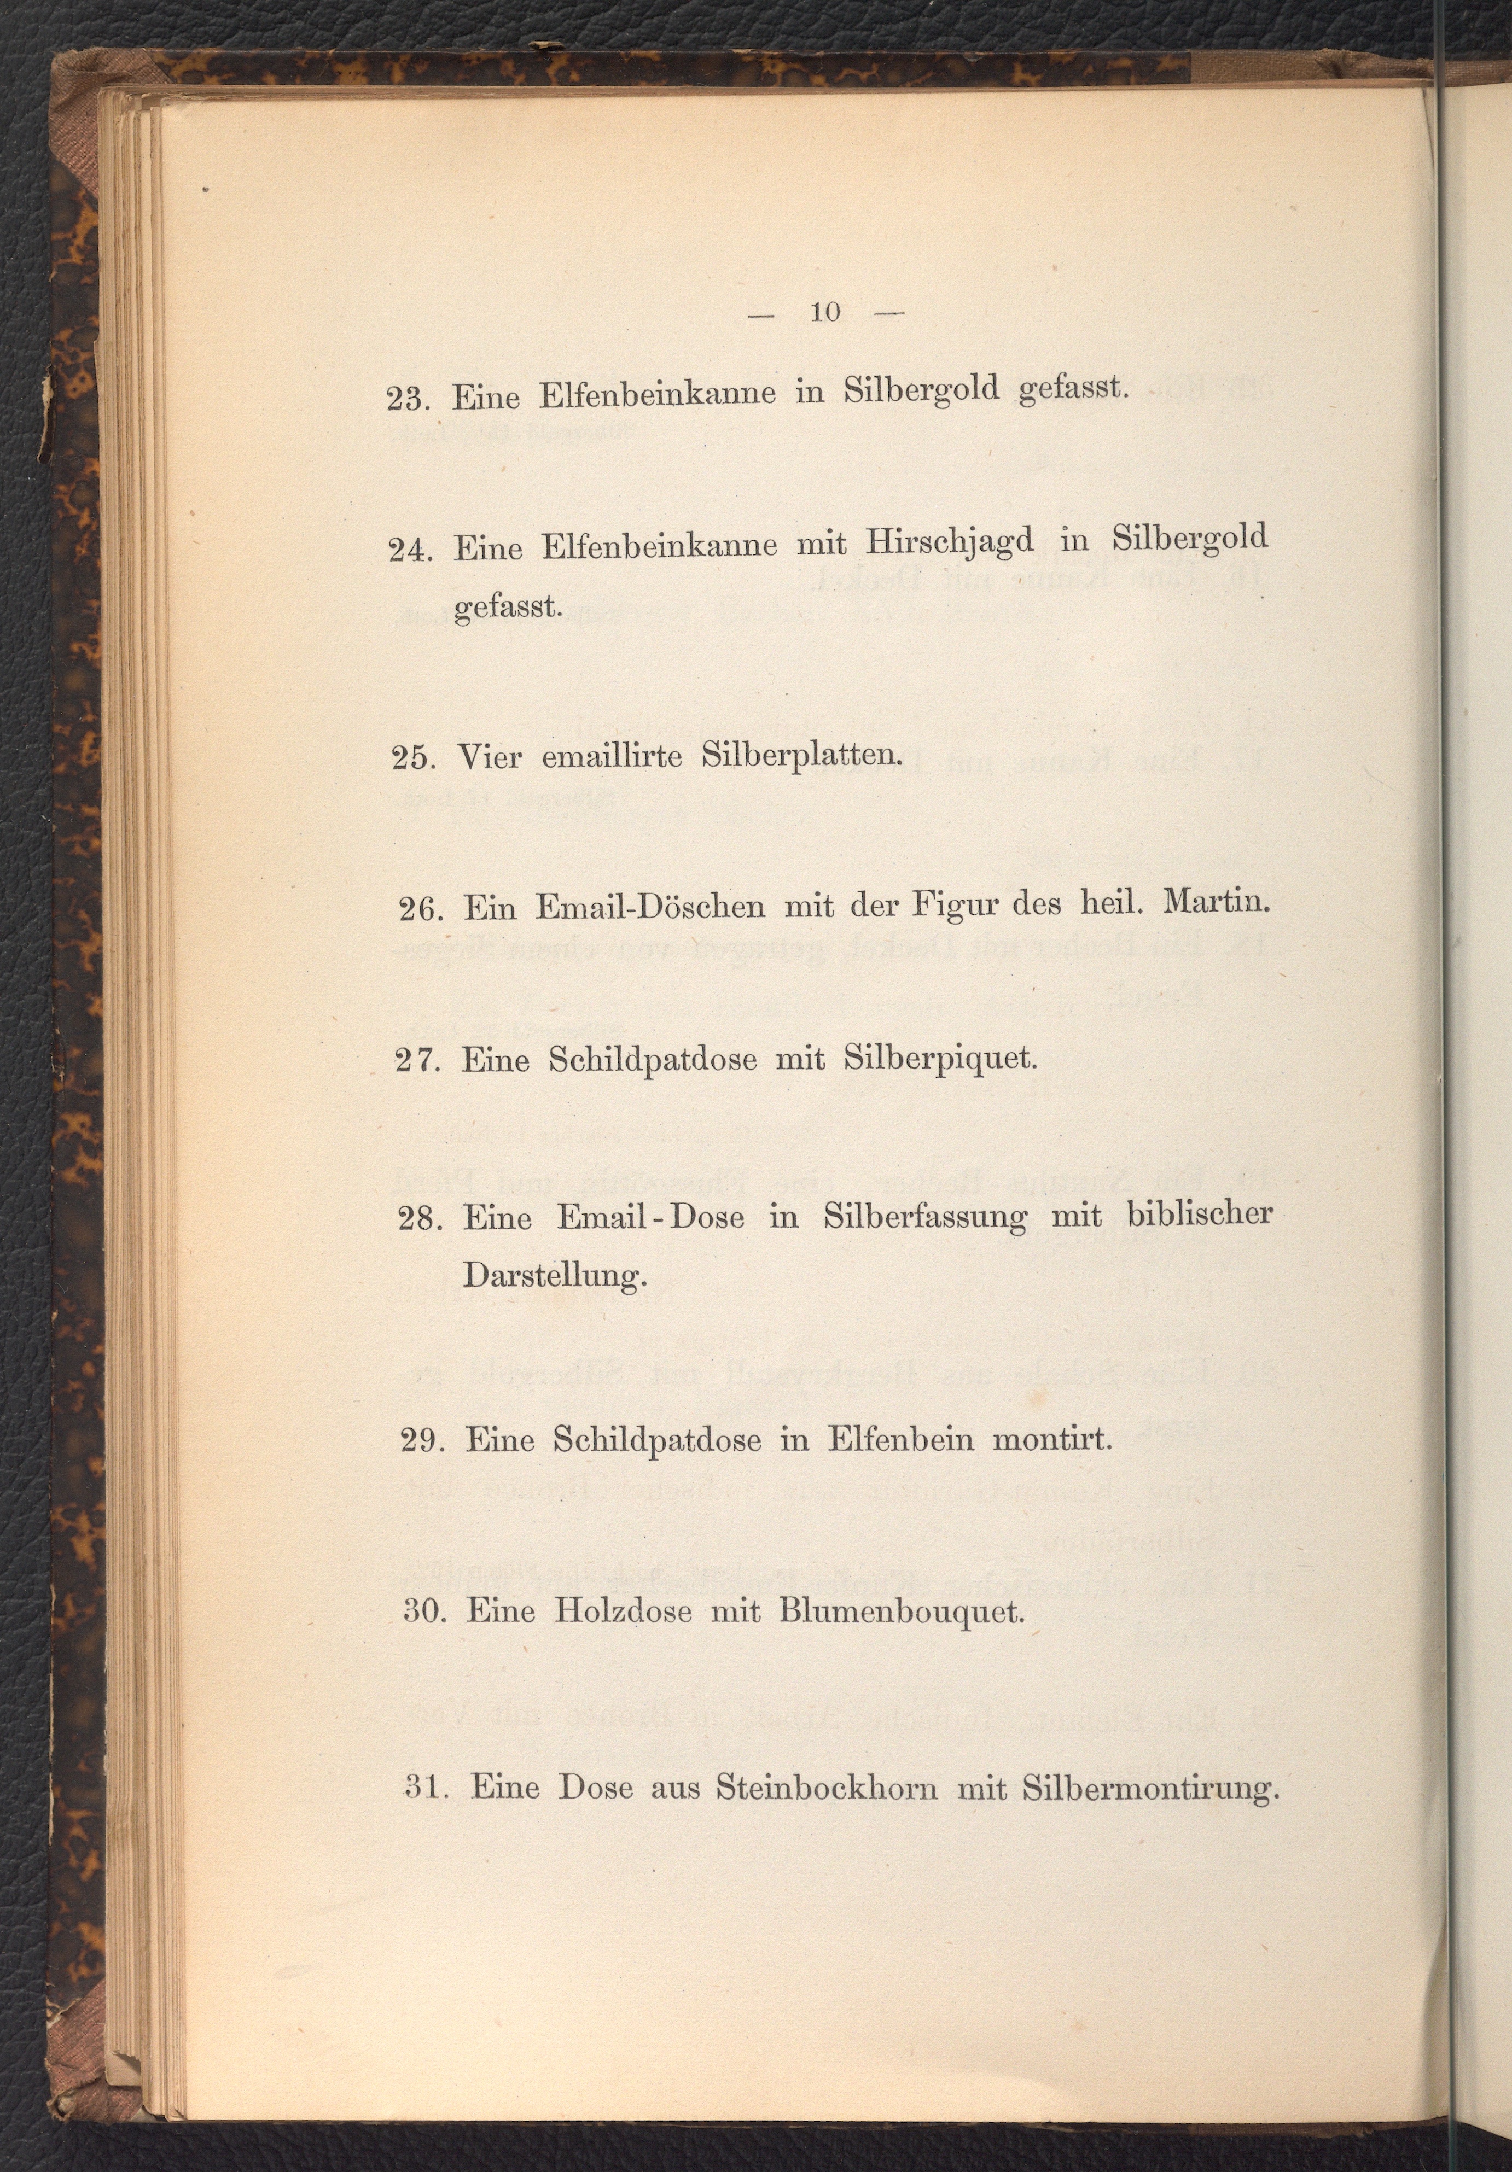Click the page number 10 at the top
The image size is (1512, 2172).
825,312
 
